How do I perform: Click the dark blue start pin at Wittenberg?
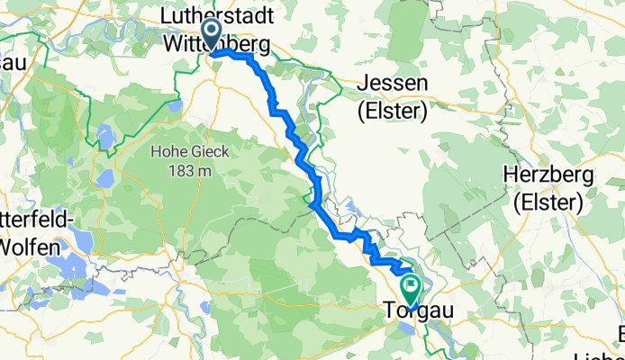212,37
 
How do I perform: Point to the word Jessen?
394,83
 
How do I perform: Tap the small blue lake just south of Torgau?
407,328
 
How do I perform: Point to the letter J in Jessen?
364,83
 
